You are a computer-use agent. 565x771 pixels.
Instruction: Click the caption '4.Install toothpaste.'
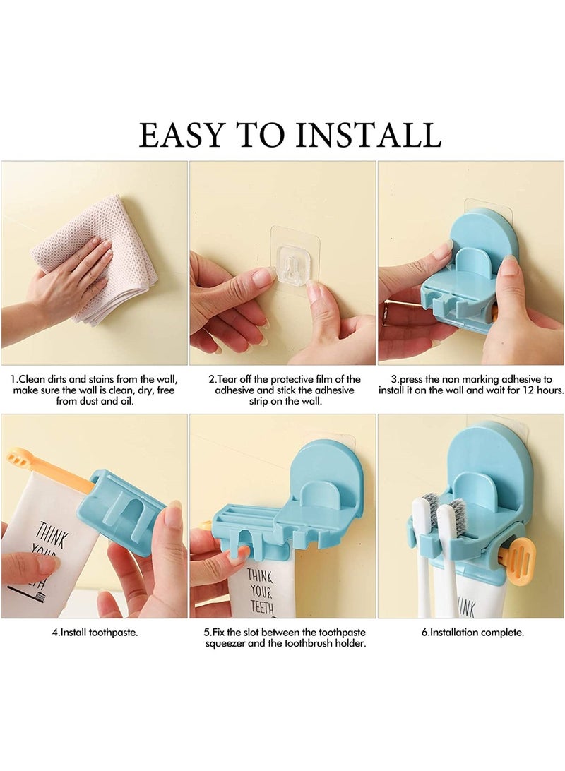95,633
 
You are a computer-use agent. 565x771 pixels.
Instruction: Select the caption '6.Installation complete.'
472,633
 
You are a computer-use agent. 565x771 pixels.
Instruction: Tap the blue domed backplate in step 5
330,473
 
